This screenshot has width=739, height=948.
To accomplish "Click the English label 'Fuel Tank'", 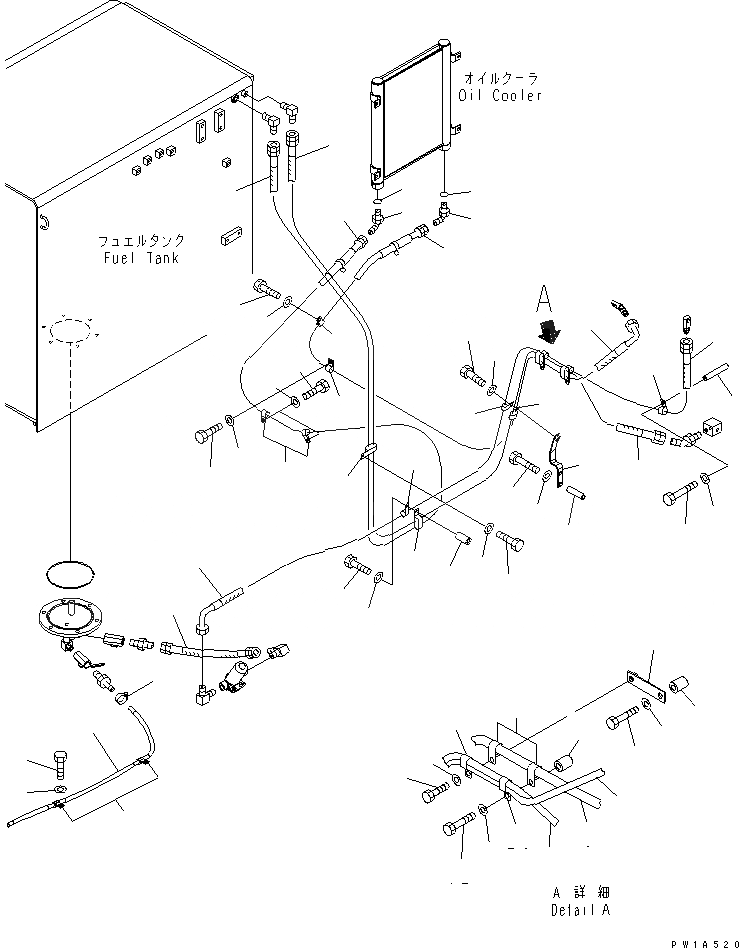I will pos(140,258).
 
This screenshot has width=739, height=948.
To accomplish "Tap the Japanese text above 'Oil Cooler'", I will pos(500,78).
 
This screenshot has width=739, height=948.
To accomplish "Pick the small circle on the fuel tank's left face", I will pos(41,221).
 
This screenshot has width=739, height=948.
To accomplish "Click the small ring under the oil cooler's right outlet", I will pos(447,193).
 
